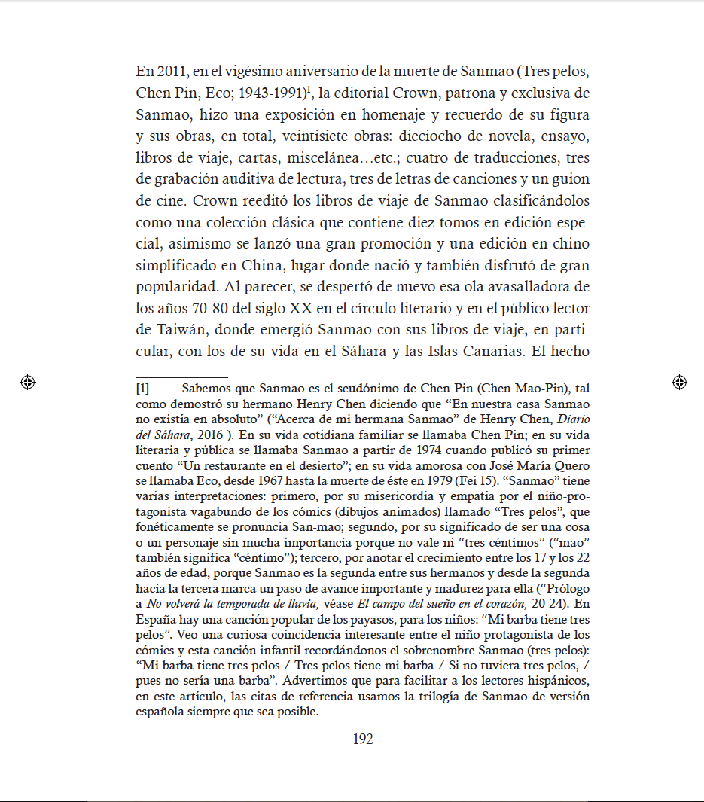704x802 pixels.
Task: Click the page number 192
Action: tap(363, 739)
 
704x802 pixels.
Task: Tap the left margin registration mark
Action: tap(27, 382)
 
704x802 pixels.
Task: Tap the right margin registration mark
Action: tap(679, 382)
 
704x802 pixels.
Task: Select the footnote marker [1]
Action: tap(142, 389)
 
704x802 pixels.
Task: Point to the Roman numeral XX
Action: tap(300, 308)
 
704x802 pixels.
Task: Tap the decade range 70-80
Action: tap(210, 308)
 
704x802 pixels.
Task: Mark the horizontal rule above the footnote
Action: tap(182, 377)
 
